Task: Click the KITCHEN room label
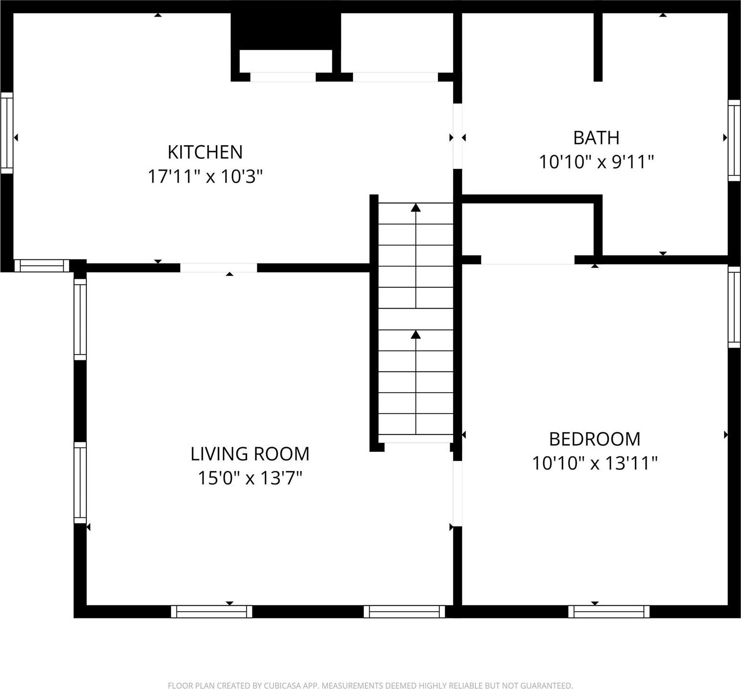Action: [205, 152]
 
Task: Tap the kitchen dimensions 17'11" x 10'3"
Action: [205, 177]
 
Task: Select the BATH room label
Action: [596, 138]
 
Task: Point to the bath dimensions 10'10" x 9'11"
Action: [596, 162]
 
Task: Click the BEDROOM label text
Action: [594, 439]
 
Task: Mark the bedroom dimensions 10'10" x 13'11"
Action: [594, 463]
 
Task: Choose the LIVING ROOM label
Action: [250, 454]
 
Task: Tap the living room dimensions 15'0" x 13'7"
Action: [250, 478]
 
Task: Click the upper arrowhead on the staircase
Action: [416, 207]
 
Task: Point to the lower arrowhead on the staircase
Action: [416, 334]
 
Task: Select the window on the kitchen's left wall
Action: [7, 133]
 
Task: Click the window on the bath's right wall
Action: [734, 140]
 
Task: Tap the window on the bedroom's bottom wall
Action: [609, 612]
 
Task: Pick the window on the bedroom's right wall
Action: [734, 307]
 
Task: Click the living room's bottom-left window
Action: [212, 612]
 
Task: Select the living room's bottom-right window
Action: [404, 612]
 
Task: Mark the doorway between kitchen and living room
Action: [218, 268]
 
